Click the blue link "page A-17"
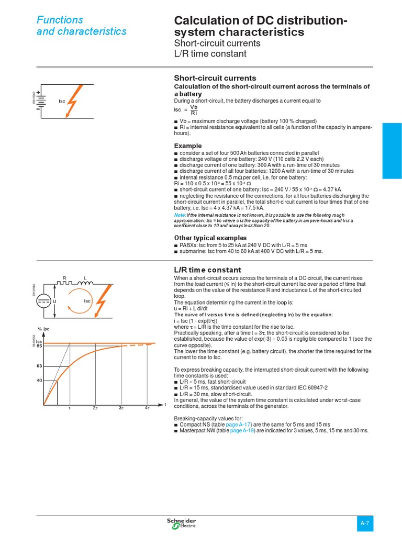[240, 424]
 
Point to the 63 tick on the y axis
[39, 365]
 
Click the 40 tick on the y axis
[39, 381]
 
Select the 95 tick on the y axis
[39, 346]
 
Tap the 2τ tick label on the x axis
[95, 407]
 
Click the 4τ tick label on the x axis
[147, 407]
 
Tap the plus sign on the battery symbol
[38, 92]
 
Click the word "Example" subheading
[187, 146]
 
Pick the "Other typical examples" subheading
[203, 238]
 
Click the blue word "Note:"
[180, 215]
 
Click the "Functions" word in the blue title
[60, 20]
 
